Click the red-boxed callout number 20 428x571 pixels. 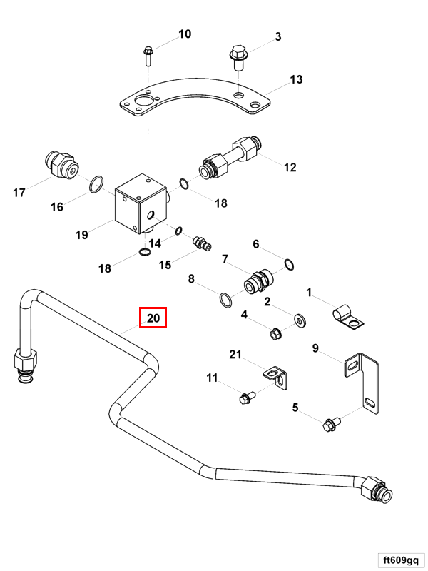coord(153,318)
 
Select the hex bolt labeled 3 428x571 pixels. coord(238,56)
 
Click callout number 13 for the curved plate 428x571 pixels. coord(296,79)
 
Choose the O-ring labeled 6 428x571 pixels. coord(287,266)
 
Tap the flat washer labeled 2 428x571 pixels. coord(298,316)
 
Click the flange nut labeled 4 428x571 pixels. coord(275,333)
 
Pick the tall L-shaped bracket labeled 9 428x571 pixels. coord(364,378)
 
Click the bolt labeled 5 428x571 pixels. coord(331,425)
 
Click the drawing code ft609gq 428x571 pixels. coord(402,559)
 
